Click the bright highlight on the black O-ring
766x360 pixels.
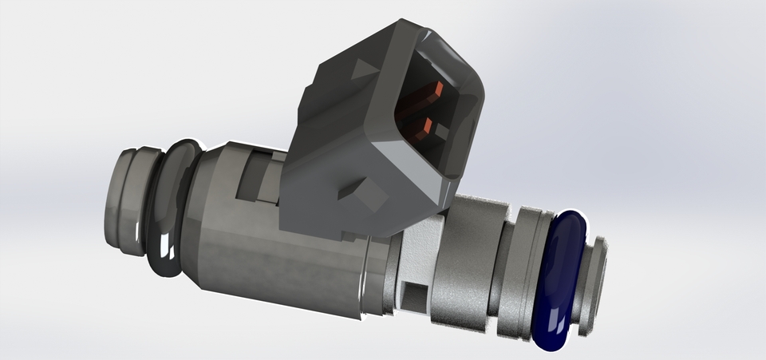click(x=164, y=244)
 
